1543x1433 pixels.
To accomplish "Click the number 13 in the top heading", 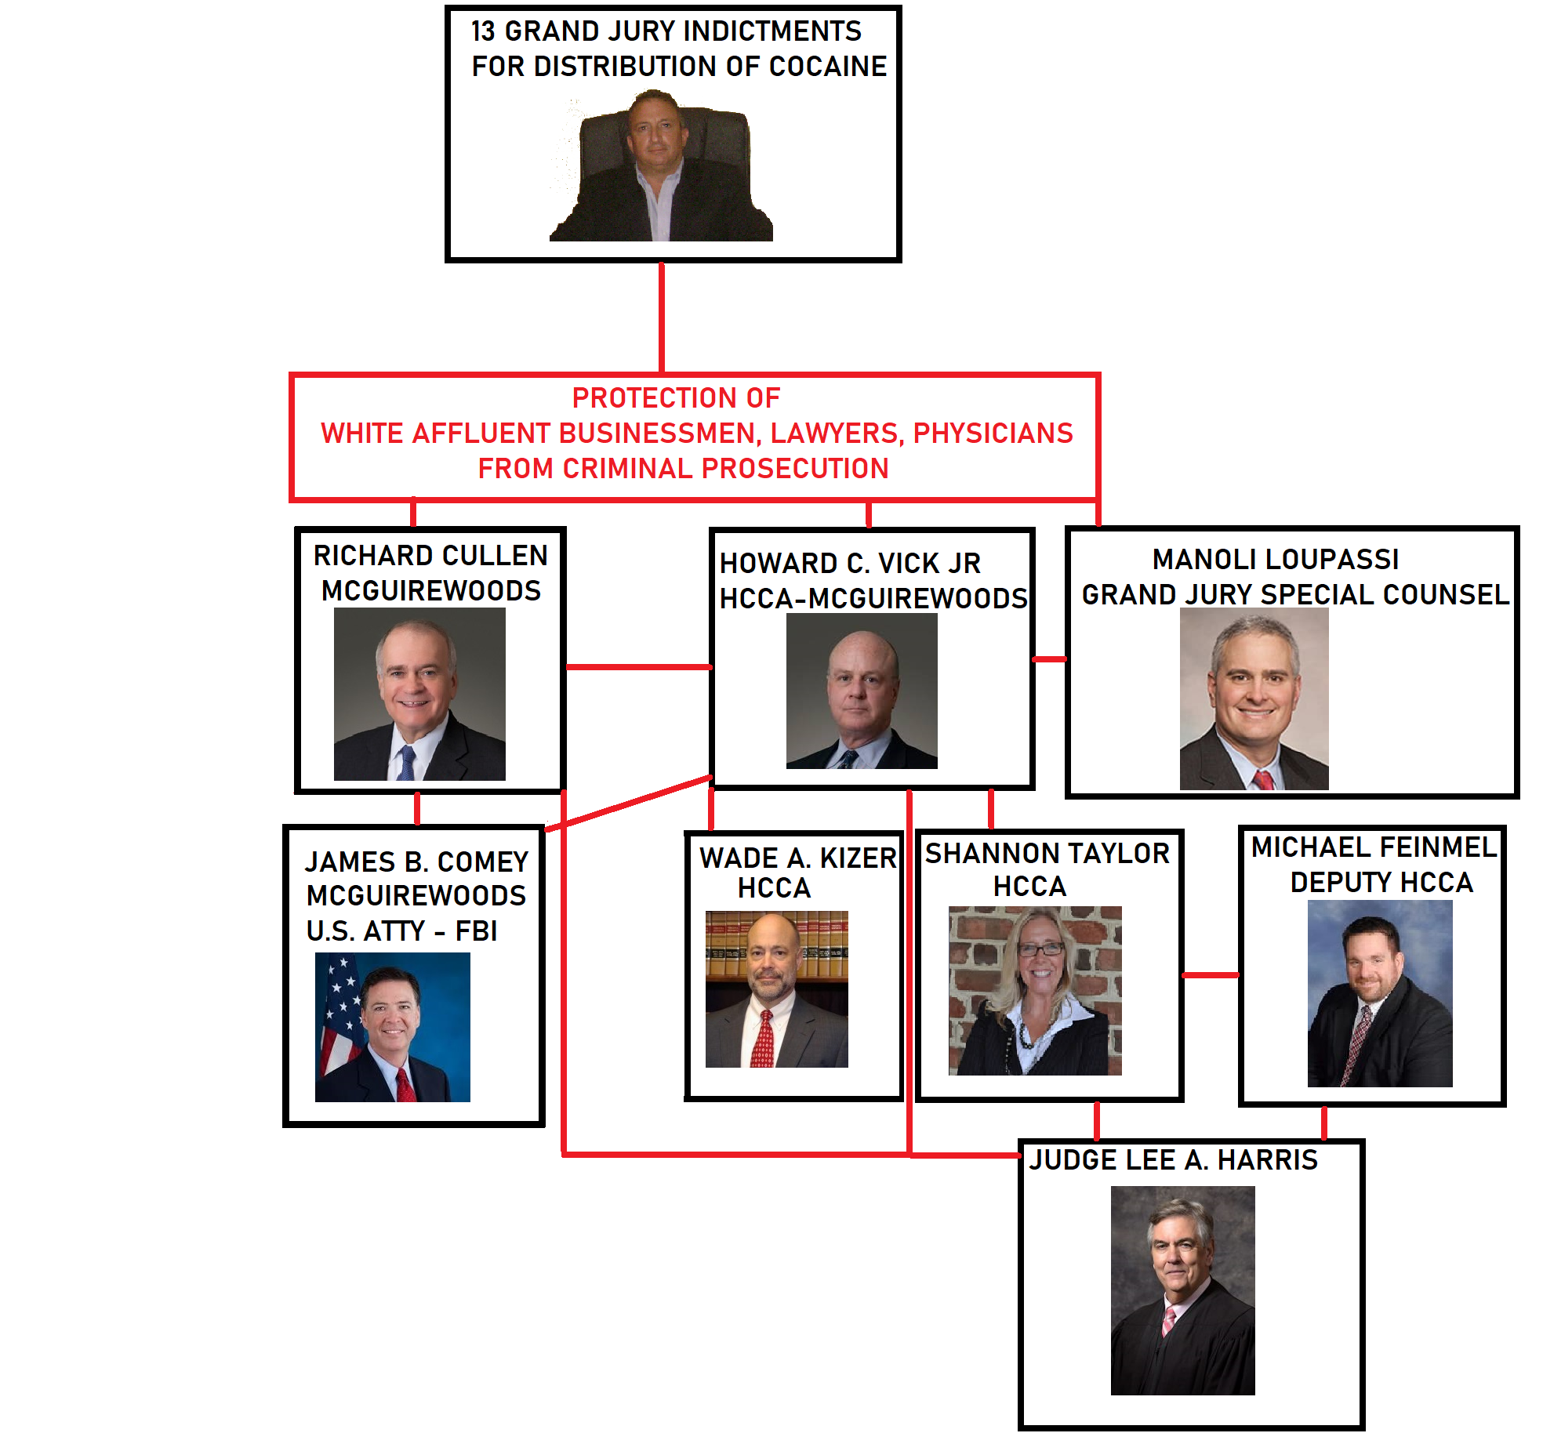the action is point(483,31).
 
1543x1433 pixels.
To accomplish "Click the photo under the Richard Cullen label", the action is point(419,694).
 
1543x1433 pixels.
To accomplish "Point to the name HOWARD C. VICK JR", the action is point(850,563).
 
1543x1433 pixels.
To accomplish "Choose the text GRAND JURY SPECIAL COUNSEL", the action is point(1295,594).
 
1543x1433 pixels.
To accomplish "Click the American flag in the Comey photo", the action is point(339,1016).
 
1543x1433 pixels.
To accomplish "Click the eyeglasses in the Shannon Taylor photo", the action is point(1040,949).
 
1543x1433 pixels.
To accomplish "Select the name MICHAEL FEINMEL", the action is point(1374,847).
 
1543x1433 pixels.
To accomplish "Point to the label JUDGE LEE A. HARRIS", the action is point(1173,1159).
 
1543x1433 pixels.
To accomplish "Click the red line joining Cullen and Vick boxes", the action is point(638,667).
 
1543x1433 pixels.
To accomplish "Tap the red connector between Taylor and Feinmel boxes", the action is point(1211,975).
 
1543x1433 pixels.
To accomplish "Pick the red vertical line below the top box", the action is point(662,317).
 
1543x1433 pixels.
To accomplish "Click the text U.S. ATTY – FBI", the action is point(401,931).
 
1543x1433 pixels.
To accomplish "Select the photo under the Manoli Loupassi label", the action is point(1254,698).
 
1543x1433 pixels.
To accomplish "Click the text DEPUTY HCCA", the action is point(1381,882).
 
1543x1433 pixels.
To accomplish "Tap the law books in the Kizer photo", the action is point(776,945).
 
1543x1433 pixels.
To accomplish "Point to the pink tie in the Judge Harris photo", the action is point(1168,1320).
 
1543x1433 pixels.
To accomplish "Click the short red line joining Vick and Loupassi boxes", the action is point(1050,659).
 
